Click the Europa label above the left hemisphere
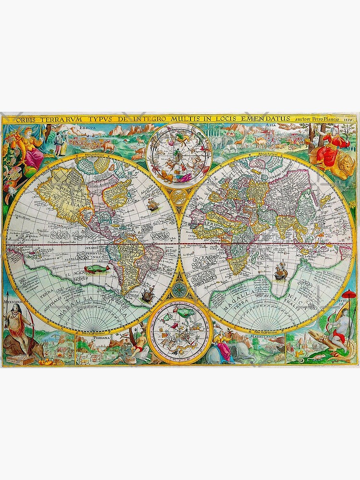[x=86, y=128]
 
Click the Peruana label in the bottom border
[x=102, y=337]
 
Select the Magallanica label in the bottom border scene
[x=260, y=337]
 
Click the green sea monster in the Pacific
[x=97, y=270]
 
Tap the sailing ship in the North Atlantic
[x=153, y=205]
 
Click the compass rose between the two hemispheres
[x=180, y=288]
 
